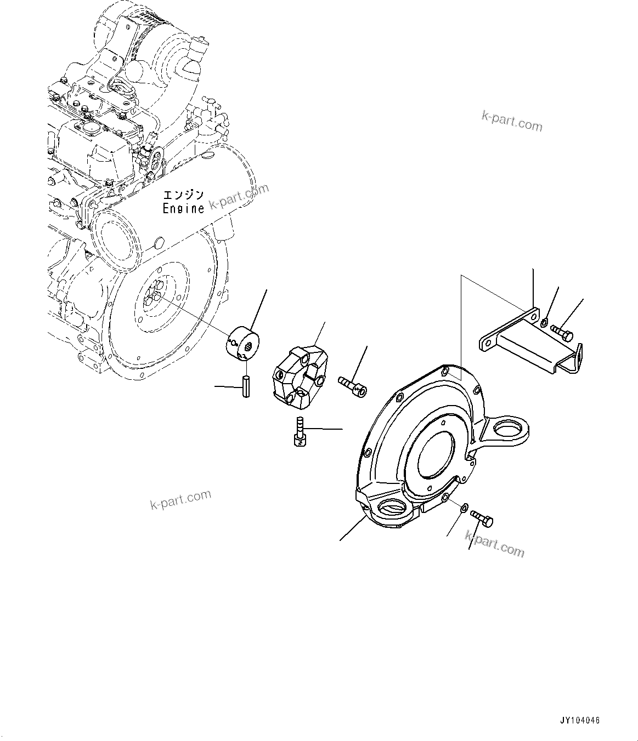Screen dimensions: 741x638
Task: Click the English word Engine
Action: click(x=183, y=208)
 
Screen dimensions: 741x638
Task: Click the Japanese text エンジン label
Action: click(x=183, y=195)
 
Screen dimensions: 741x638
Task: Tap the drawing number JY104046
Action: click(x=580, y=720)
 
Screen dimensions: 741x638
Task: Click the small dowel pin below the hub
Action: click(x=246, y=385)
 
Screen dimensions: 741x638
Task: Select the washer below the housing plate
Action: click(x=464, y=508)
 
